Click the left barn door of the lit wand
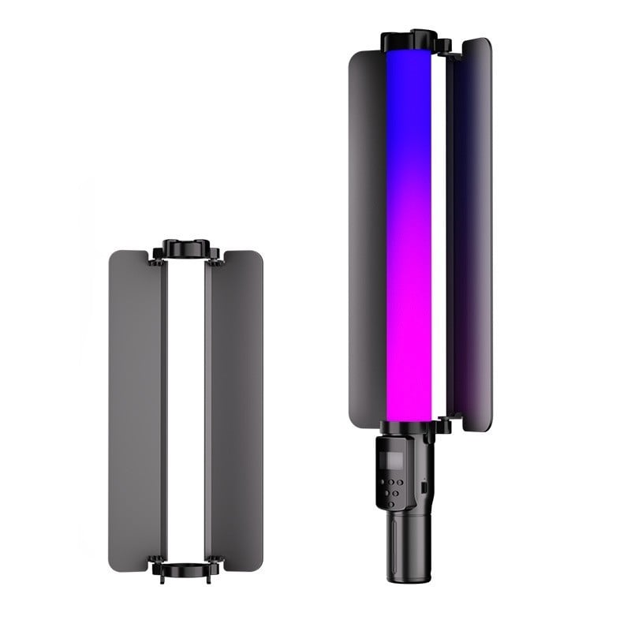click(367, 237)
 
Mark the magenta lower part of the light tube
click(409, 331)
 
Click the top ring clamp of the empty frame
click(186, 248)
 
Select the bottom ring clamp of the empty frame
click(186, 569)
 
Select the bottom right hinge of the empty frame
click(215, 562)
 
